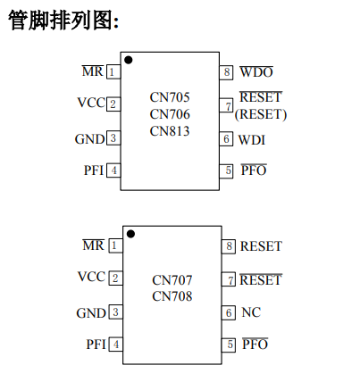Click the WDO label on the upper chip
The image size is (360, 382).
pyautogui.click(x=256, y=72)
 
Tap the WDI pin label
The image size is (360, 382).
pyautogui.click(x=252, y=140)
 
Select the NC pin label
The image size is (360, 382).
pyautogui.click(x=251, y=312)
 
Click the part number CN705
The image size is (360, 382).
pyautogui.click(x=170, y=97)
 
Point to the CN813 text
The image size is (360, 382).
pyautogui.click(x=170, y=131)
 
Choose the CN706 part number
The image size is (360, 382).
pyautogui.click(x=170, y=114)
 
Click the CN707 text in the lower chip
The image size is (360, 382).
pyautogui.click(x=172, y=280)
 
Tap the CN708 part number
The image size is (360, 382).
pyautogui.click(x=172, y=296)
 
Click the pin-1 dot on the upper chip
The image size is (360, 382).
pyautogui.click(x=129, y=60)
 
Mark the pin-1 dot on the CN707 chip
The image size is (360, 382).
pyautogui.click(x=130, y=234)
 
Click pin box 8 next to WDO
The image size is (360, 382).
pyautogui.click(x=226, y=72)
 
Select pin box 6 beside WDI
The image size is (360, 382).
pyautogui.click(x=226, y=139)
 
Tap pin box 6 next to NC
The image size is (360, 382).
pyautogui.click(x=229, y=312)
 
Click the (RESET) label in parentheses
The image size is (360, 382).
pyautogui.click(x=261, y=114)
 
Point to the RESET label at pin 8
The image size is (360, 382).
pyautogui.click(x=261, y=246)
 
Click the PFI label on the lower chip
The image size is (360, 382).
pyautogui.click(x=96, y=345)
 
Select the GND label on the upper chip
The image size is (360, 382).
pyautogui.click(x=90, y=139)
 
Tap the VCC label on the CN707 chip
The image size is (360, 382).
pyautogui.click(x=92, y=277)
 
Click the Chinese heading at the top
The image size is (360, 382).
pyautogui.click(x=63, y=21)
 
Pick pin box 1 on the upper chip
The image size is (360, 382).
pyautogui.click(x=113, y=72)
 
